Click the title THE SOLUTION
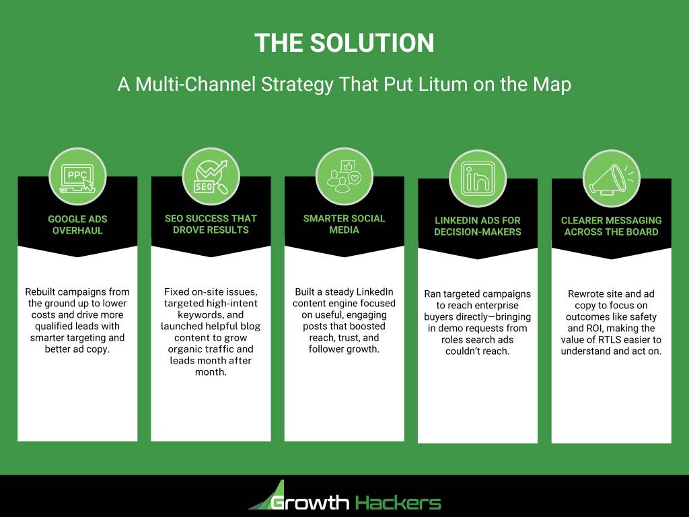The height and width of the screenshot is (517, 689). click(344, 43)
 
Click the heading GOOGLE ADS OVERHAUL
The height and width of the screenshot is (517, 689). click(77, 224)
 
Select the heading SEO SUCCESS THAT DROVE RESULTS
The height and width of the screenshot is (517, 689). click(211, 224)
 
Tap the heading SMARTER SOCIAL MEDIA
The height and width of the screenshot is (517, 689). click(344, 224)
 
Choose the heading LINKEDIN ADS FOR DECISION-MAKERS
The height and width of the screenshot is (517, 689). click(478, 226)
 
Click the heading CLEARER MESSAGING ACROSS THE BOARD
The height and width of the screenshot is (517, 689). click(611, 226)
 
